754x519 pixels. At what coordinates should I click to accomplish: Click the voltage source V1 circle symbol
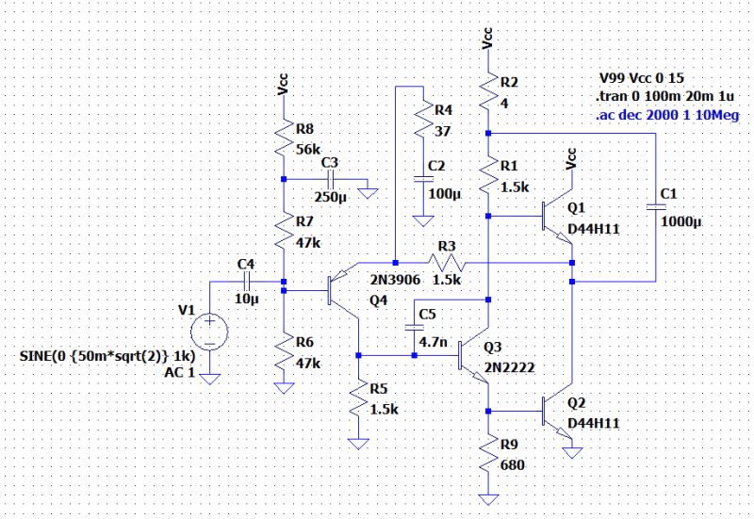208,332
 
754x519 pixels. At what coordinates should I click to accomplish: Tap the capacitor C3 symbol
331,179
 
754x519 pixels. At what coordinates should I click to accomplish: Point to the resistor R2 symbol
488,92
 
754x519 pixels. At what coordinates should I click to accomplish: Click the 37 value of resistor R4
441,129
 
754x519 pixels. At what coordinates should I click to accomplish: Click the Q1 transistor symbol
559,218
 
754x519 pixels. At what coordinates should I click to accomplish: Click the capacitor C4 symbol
246,281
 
